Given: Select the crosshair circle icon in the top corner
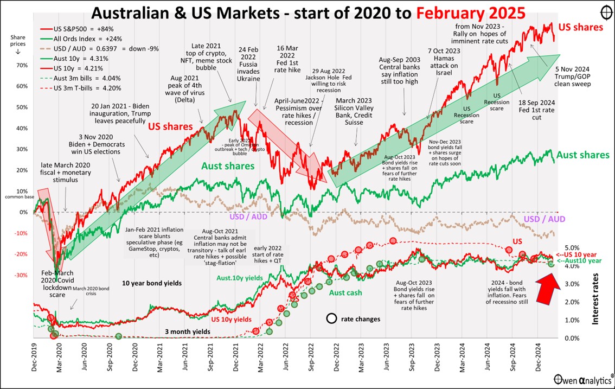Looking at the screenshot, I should click(606, 12).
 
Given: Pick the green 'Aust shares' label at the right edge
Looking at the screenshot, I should click(584, 155).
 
